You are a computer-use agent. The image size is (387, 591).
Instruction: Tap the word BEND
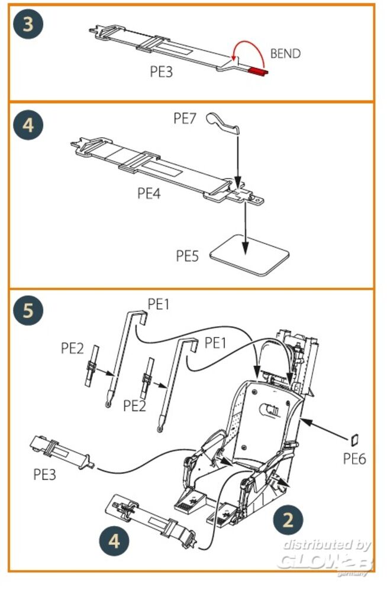pos(285,54)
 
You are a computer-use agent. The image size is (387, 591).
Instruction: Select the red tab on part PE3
pos(257,72)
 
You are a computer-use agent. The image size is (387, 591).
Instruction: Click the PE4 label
pos(149,193)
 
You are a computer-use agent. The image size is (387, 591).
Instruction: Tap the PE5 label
pos(188,255)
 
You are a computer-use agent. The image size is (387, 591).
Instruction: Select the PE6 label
pos(355,458)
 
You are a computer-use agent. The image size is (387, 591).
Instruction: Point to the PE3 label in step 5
pos(46,473)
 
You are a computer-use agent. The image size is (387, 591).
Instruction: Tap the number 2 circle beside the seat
pos(288,519)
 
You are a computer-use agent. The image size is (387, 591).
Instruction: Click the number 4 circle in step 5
pos(114,541)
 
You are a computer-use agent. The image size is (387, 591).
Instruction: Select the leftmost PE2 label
pos(73,348)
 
